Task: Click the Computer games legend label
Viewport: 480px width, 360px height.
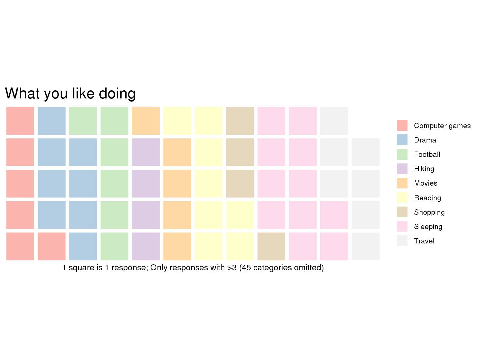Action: [442, 126]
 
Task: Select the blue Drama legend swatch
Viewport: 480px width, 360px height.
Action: [402, 140]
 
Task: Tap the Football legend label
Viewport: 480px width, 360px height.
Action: [427, 155]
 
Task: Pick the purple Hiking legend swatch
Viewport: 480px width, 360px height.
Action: [402, 169]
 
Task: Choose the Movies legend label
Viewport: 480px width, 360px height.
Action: [425, 183]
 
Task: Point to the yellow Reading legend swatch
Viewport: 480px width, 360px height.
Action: [402, 197]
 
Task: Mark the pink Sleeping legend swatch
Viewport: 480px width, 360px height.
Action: [402, 227]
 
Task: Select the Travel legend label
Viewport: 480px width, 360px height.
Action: [424, 241]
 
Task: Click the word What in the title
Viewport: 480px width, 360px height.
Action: [22, 93]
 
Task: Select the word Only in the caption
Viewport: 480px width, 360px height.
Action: [159, 268]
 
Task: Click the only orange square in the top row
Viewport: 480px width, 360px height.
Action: [146, 121]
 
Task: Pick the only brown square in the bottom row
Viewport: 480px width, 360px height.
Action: [271, 246]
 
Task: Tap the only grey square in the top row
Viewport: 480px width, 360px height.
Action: [334, 121]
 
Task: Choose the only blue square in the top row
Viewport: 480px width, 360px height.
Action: [51, 121]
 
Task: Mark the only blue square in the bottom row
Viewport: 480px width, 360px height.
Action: [83, 246]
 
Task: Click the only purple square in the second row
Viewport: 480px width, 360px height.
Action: [146, 152]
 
